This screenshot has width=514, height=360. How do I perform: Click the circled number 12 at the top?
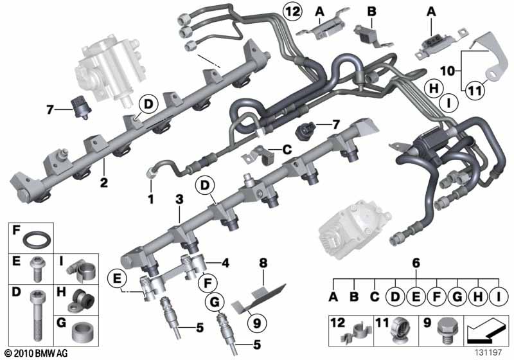[x=292, y=12]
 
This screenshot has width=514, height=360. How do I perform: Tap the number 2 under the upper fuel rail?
[x=104, y=183]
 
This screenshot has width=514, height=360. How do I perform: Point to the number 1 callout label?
[x=151, y=199]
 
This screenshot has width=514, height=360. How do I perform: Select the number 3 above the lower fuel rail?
[x=179, y=199]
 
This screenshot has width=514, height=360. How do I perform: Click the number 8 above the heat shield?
[x=263, y=263]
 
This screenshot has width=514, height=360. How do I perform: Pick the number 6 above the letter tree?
[x=416, y=263]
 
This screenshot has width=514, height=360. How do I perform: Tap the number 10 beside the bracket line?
[x=448, y=71]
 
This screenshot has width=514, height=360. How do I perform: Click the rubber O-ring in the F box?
[x=37, y=239]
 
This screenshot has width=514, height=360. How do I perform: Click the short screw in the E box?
[x=37, y=269]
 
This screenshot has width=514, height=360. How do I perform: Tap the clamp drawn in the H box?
[x=82, y=300]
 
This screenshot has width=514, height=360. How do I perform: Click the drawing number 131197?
[x=488, y=352]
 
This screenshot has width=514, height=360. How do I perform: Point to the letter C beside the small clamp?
[x=287, y=150]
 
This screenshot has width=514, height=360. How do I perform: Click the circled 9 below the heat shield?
[x=257, y=323]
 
